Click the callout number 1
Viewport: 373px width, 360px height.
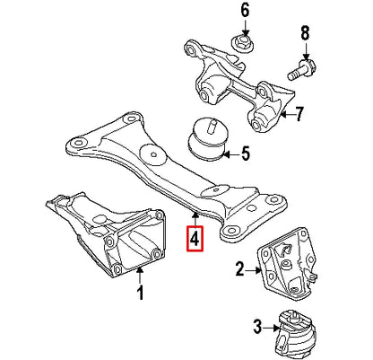[x=140, y=292]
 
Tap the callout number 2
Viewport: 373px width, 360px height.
[x=239, y=268]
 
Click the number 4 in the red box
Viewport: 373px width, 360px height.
[x=195, y=240]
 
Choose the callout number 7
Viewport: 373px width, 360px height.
[x=299, y=113]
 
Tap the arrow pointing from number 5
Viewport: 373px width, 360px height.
[x=230, y=154]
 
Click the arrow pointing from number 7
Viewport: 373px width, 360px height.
[x=285, y=114]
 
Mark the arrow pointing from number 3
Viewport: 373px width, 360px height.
[x=270, y=326]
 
